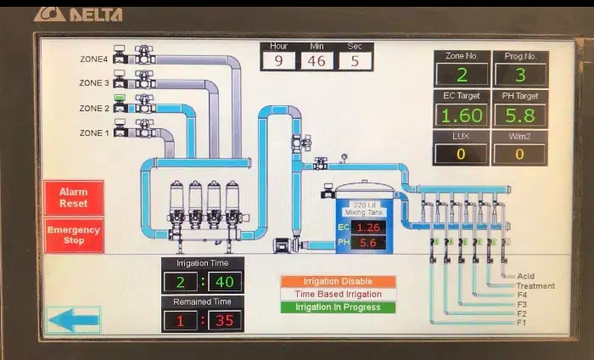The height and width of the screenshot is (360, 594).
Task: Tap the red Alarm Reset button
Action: (x=75, y=198)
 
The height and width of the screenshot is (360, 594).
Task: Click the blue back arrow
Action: (x=72, y=320)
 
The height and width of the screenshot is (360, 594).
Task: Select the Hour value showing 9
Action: (x=277, y=61)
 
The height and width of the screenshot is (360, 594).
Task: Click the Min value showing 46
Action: (x=316, y=61)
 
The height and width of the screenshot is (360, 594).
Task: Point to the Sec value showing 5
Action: (x=355, y=61)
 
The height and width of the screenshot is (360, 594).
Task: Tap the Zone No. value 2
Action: (x=462, y=74)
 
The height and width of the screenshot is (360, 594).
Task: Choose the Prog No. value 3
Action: (x=520, y=74)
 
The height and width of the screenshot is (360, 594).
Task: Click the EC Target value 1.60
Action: (x=462, y=115)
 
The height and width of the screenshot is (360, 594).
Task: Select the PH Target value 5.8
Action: (x=520, y=115)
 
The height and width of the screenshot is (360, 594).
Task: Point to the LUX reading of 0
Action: (x=462, y=154)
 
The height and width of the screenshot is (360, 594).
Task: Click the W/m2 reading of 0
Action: (x=520, y=154)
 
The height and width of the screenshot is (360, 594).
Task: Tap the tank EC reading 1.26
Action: (x=368, y=228)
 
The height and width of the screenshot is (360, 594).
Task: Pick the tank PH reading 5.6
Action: (x=368, y=243)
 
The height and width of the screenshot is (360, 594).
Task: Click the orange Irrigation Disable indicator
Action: (x=338, y=281)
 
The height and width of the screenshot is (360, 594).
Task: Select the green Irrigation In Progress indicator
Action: (x=338, y=307)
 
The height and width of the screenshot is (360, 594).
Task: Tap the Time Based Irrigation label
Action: (x=338, y=294)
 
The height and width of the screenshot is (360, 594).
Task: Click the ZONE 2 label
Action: (x=94, y=109)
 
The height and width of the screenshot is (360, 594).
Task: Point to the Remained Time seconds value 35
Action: (x=225, y=320)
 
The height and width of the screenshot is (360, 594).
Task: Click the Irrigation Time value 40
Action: (x=225, y=281)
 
